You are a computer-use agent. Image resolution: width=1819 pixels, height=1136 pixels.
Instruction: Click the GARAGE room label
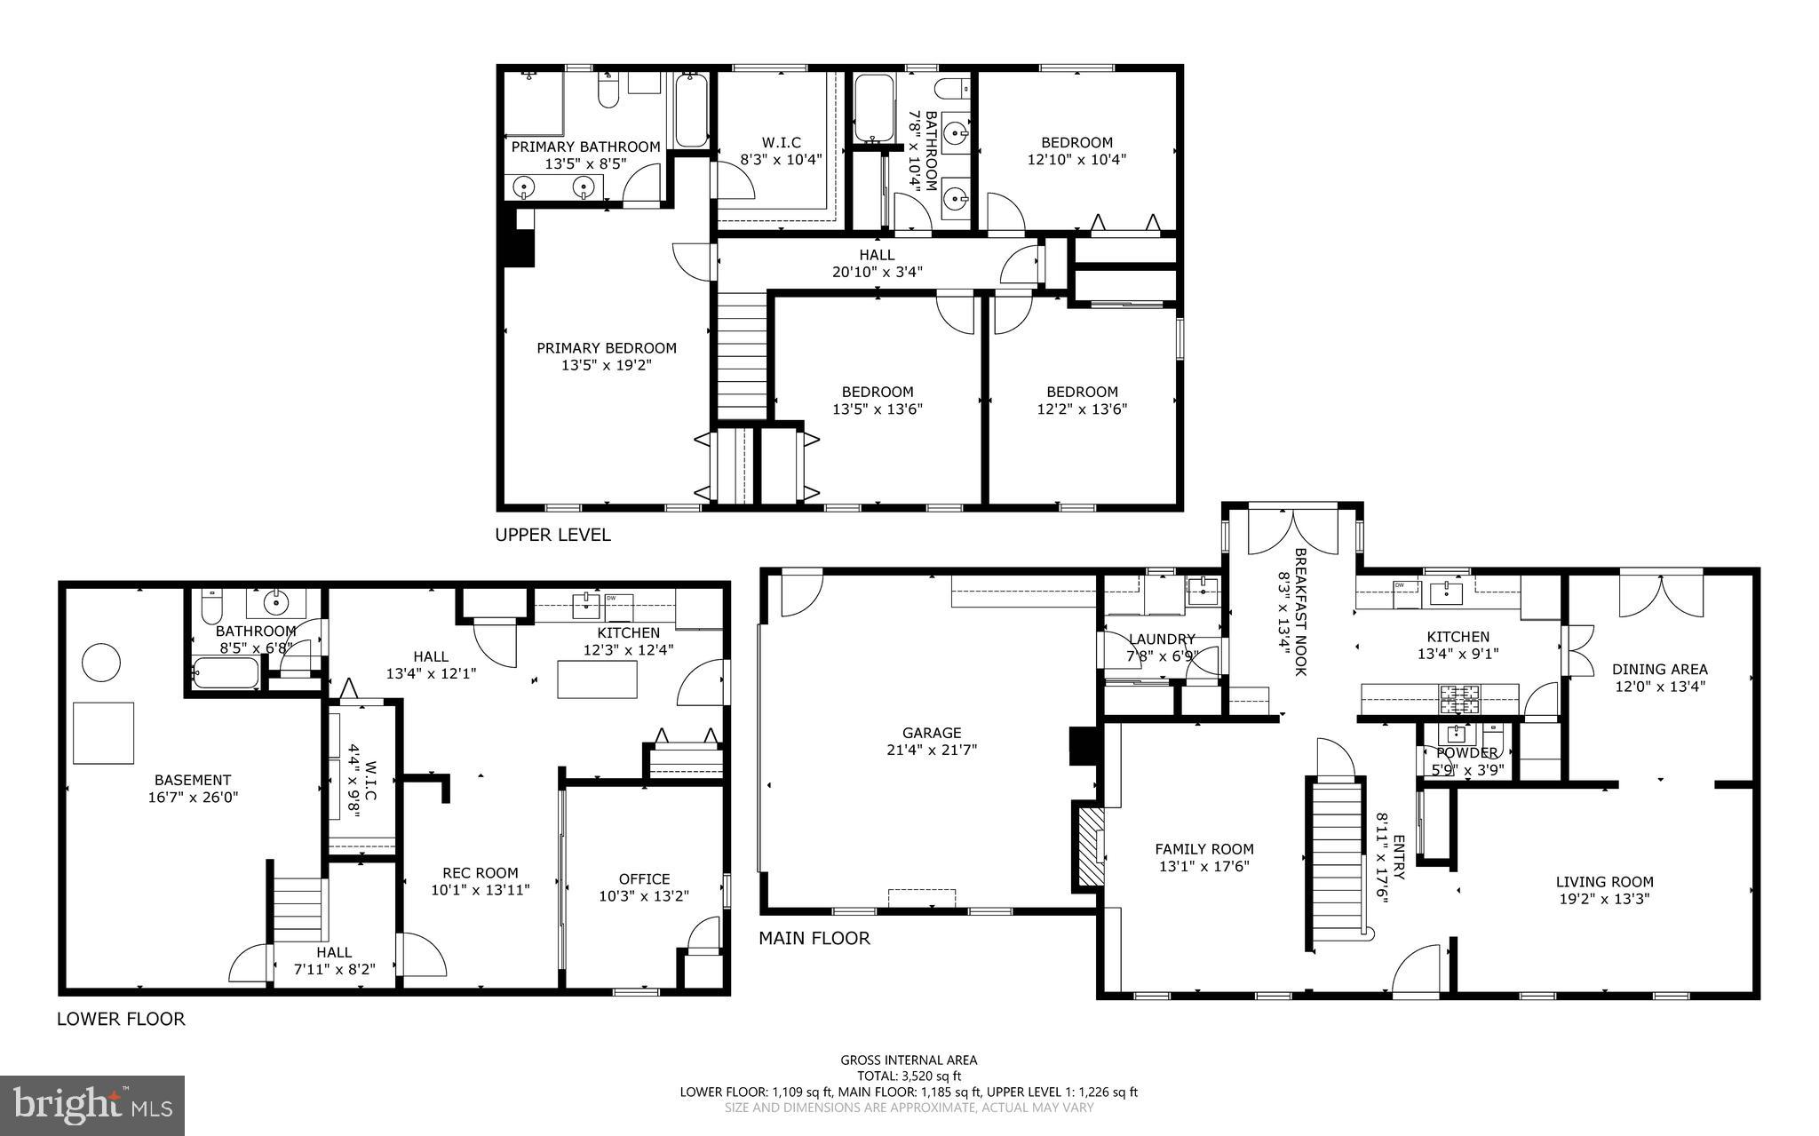tap(932, 733)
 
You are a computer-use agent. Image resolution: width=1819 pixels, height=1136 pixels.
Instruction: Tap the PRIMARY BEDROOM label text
tap(607, 348)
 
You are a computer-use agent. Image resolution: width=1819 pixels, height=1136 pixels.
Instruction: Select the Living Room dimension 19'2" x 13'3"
tap(1604, 899)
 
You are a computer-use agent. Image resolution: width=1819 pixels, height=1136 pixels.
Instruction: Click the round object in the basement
tap(100, 662)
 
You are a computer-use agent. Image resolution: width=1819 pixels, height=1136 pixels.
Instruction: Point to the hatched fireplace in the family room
tap(1089, 846)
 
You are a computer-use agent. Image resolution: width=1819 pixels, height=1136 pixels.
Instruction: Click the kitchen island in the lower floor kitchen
tap(597, 679)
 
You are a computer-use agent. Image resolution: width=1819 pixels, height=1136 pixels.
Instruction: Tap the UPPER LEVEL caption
tap(552, 535)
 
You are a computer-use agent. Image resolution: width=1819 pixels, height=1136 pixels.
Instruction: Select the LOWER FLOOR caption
tap(121, 1019)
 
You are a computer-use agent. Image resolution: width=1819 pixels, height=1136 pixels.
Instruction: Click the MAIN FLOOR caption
tap(814, 938)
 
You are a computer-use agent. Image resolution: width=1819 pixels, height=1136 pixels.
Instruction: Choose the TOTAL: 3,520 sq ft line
tap(909, 1076)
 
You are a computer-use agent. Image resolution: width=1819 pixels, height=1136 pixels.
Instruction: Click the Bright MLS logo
tap(92, 1105)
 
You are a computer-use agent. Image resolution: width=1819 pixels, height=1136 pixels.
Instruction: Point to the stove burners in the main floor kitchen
tap(1460, 699)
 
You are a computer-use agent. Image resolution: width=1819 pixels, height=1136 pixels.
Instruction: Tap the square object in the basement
tap(103, 733)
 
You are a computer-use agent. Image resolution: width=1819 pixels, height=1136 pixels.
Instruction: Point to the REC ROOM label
tap(480, 872)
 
